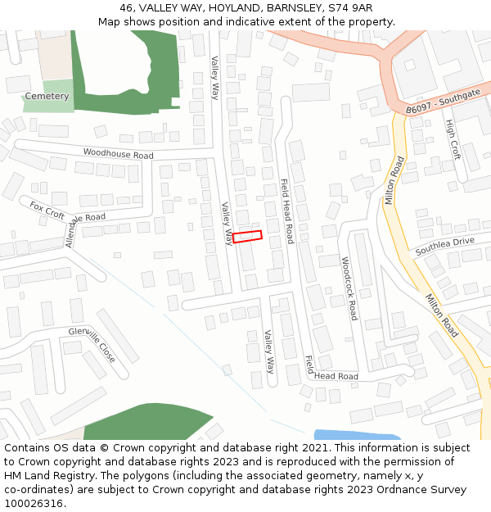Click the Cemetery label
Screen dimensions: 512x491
[47, 96]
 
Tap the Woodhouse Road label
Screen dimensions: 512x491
[118, 154]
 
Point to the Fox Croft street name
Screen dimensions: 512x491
[47, 210]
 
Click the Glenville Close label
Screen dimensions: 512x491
[92, 347]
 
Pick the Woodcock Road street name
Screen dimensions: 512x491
[349, 288]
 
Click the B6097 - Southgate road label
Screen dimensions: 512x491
[443, 102]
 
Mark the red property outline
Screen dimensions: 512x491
[247, 237]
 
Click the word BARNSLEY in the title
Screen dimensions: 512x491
[291, 8]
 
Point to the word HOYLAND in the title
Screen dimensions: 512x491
[225, 8]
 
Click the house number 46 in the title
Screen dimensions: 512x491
[127, 8]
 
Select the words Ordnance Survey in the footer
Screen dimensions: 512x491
[425, 489]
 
